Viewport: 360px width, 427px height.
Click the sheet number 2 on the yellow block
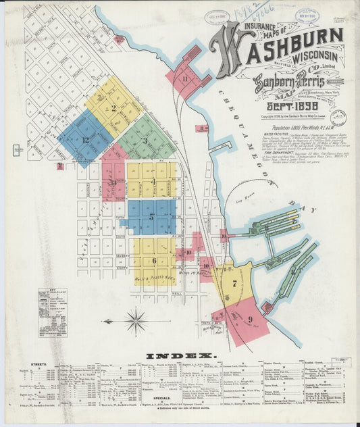[114, 108]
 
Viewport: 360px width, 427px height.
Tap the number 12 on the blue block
[85, 140]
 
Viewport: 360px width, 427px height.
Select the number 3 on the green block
[145, 141]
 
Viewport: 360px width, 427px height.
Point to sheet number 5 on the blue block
[153, 218]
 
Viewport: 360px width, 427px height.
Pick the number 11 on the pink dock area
[185, 77]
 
